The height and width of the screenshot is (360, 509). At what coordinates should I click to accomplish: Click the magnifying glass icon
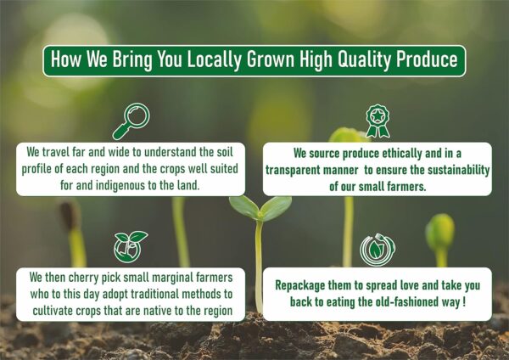pyautogui.click(x=131, y=121)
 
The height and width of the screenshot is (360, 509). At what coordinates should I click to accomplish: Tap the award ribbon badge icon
pyautogui.click(x=378, y=121)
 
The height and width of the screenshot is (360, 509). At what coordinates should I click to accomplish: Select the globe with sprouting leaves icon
pyautogui.click(x=130, y=246)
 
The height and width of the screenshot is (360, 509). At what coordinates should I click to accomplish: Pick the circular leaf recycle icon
pyautogui.click(x=378, y=250)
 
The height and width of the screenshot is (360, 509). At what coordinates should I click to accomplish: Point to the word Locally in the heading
pyautogui.click(x=215, y=60)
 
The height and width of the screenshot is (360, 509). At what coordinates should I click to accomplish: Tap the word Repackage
pyautogui.click(x=299, y=285)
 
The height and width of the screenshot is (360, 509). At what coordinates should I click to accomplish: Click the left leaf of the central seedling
pyautogui.click(x=244, y=207)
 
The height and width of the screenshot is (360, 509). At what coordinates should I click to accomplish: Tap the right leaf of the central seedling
pyautogui.click(x=276, y=208)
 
